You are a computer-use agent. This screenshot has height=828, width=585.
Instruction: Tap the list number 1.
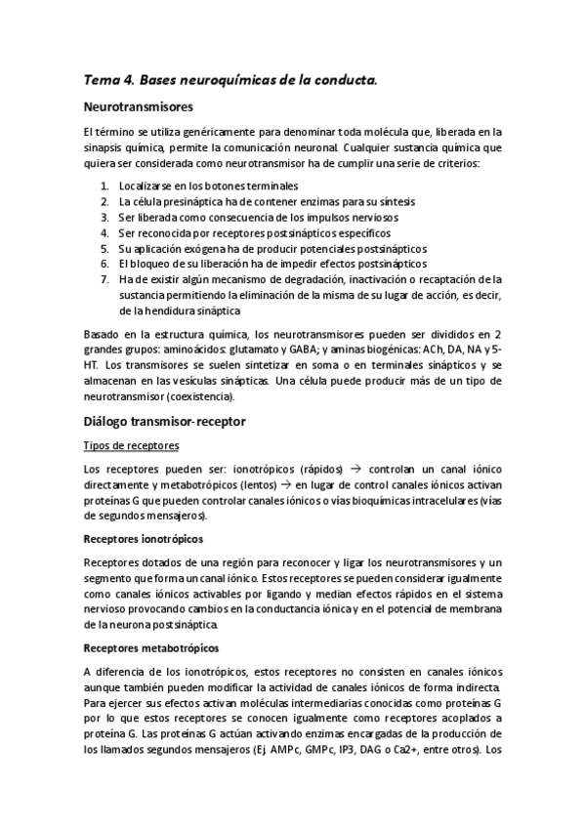105,186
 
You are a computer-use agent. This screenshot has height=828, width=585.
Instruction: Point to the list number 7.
105,279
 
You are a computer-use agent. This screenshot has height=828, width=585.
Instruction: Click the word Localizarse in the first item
148,186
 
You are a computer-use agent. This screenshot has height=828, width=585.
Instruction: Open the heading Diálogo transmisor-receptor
164,422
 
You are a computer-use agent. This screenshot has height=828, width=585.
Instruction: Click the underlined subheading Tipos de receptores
131,445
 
